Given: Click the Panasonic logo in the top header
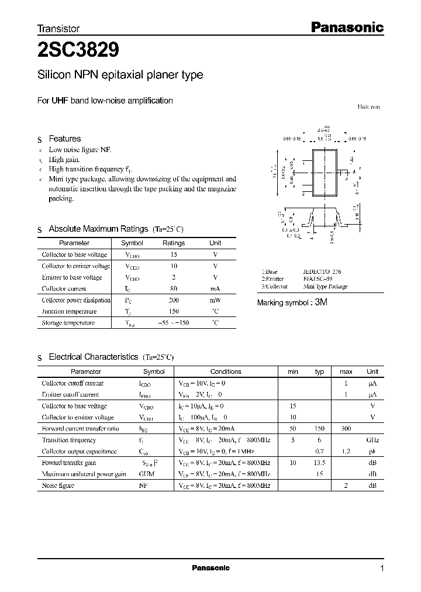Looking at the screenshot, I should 346,27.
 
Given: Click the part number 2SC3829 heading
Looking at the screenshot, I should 79,51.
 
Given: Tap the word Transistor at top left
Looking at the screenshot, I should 58,28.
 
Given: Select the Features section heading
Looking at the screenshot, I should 64,139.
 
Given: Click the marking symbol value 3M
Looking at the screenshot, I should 321,302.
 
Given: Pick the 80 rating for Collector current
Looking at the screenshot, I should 173,288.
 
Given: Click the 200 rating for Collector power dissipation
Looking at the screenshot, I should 173,300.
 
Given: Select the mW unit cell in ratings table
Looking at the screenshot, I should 215,300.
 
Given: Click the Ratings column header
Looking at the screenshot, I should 173,243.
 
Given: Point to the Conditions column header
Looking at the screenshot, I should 226,371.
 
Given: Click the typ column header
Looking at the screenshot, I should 319,371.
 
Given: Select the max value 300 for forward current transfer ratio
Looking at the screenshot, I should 346,429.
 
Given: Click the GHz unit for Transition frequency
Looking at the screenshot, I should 372,440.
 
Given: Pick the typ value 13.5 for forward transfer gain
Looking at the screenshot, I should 319,463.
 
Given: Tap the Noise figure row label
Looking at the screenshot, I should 58,486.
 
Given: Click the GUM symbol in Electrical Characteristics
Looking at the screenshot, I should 146,474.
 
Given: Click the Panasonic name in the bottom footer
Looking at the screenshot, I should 210,568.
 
